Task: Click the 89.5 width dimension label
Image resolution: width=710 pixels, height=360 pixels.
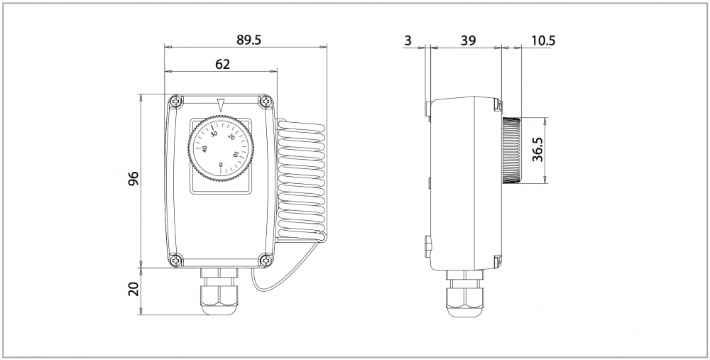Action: [x=248, y=40]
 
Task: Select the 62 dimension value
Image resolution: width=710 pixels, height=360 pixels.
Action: [x=222, y=65]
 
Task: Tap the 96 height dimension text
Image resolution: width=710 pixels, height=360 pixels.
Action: [x=133, y=179]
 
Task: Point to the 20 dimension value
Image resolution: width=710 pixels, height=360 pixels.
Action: [x=133, y=289]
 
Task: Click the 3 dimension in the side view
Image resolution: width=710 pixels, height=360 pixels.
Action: [x=408, y=40]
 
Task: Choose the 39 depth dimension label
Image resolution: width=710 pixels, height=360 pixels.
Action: [x=468, y=40]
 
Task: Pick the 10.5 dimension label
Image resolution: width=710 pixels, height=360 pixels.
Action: [x=543, y=40]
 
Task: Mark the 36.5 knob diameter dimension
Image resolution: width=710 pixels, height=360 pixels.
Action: [x=538, y=150]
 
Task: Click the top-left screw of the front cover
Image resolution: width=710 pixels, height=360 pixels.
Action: [x=176, y=102]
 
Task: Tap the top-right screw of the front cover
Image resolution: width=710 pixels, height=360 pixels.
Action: [x=265, y=102]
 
